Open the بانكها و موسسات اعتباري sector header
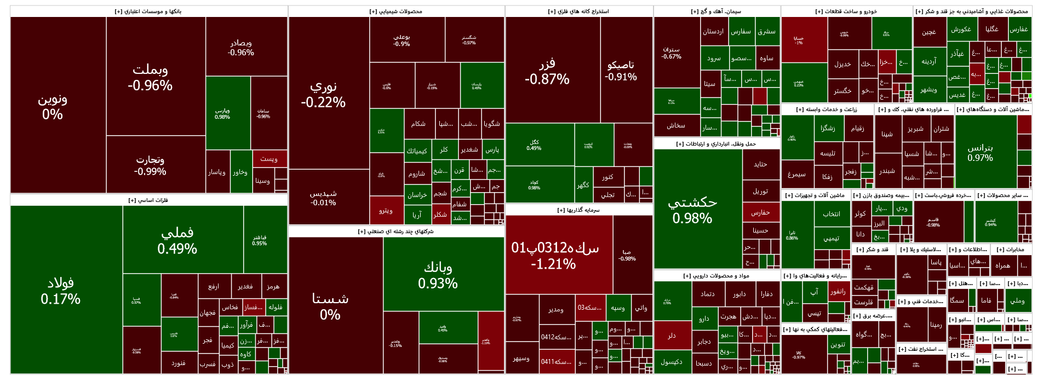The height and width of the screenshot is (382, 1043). point(148,11)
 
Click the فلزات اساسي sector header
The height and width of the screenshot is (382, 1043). point(148,200)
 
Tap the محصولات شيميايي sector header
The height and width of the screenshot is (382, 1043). point(396,11)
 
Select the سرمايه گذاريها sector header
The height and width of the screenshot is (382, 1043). point(578,210)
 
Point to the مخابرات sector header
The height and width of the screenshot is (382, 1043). point(1011,250)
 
